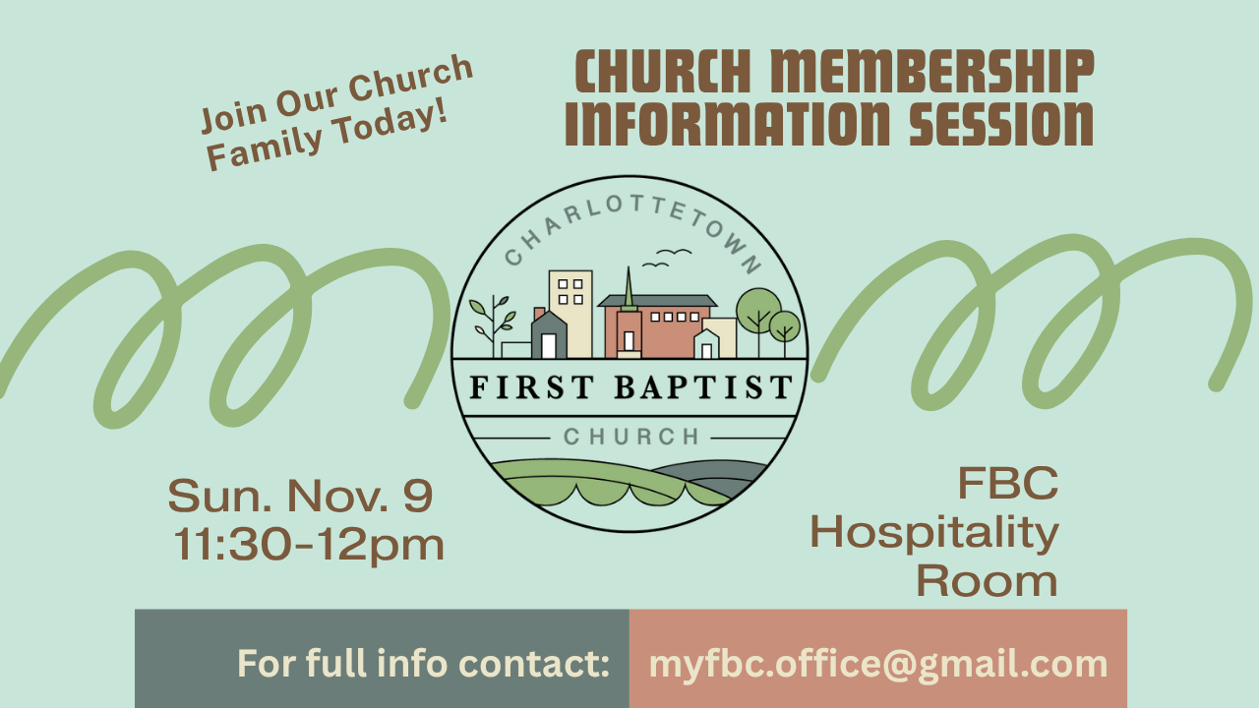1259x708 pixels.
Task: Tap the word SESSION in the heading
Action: click(1001, 124)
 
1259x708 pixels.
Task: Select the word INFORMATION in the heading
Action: click(727, 124)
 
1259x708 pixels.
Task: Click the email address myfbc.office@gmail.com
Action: click(878, 664)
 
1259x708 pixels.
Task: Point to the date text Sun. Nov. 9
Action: click(300, 496)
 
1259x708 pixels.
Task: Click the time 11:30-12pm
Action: click(308, 545)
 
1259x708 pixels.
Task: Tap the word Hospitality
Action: click(934, 533)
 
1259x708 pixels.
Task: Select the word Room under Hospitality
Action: click(987, 581)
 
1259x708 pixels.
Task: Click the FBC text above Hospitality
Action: click(1008, 483)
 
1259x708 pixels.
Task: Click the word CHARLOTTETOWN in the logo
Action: click(632, 231)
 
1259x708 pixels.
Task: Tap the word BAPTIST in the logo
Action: click(703, 387)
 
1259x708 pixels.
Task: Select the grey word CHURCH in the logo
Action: click(631, 437)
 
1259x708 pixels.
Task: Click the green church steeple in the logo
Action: click(629, 288)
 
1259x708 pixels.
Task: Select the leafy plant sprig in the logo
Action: click(493, 324)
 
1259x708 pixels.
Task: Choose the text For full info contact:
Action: click(423, 664)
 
